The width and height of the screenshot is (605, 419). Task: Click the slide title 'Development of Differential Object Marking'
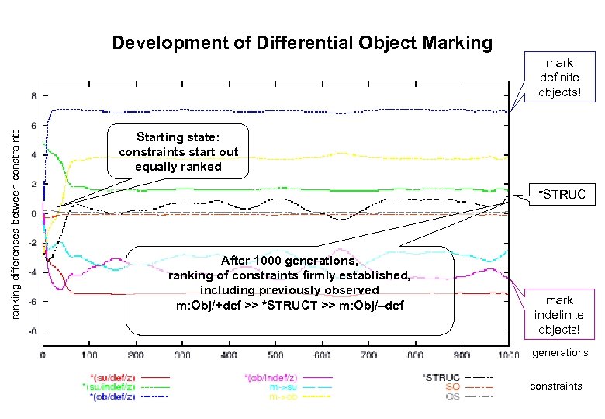click(302, 43)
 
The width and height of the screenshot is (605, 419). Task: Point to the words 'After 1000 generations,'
click(289, 260)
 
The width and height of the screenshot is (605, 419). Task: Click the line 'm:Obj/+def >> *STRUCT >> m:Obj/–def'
click(289, 304)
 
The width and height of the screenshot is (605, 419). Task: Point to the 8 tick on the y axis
click(33, 97)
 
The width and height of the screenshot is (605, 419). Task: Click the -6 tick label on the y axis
click(31, 302)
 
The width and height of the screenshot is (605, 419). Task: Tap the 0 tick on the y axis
click(33, 214)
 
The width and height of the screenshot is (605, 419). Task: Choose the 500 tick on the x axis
click(275, 355)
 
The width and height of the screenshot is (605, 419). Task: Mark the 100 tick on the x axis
click(89, 355)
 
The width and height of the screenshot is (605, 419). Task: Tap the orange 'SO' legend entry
click(451, 386)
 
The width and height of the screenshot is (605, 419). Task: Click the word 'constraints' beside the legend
click(555, 386)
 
